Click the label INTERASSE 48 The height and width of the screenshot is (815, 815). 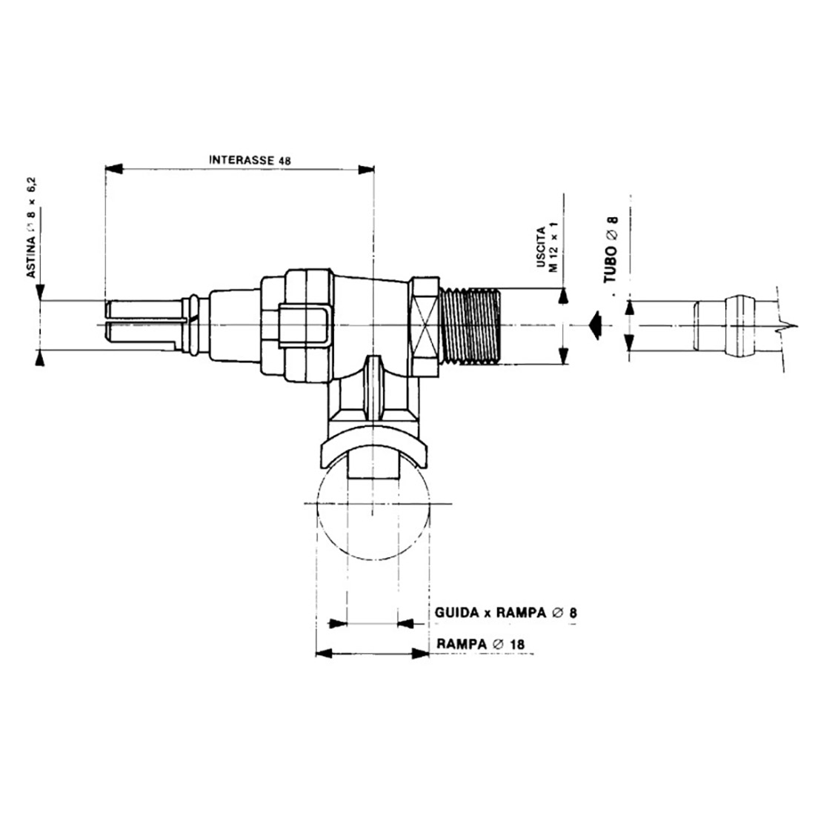coord(250,159)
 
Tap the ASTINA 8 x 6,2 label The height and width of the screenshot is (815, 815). coord(32,227)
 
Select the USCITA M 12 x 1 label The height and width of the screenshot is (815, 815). coord(547,249)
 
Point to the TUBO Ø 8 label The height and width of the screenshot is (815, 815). coord(611,250)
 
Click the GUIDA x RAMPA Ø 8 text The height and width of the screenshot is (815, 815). coord(506,613)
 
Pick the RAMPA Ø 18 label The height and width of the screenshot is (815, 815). coord(481,644)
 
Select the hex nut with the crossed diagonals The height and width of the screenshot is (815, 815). coord(425,326)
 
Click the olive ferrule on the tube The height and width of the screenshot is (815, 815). coord(740,326)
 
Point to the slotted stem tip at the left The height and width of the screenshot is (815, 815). coord(144,325)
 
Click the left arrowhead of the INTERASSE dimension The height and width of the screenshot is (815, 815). coord(114,168)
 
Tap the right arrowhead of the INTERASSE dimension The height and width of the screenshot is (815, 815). coord(366,169)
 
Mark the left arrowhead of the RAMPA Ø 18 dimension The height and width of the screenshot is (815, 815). coord(325,654)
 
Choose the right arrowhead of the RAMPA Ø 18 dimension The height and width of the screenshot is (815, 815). coord(421,654)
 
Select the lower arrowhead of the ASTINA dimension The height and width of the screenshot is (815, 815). coord(40,358)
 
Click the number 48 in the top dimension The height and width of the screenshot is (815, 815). coord(285,161)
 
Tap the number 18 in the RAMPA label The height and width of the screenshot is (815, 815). coord(517,645)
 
